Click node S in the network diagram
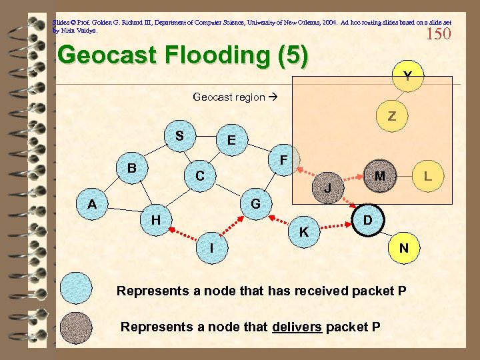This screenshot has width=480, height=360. coord(179,136)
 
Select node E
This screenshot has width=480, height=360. coord(231,140)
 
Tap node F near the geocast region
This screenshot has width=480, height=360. coord(283,160)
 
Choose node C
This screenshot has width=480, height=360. coord(199,176)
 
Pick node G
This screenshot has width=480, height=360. coord(255,203)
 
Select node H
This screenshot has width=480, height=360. coord(155,219)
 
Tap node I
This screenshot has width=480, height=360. coord(211,247)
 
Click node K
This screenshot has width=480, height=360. coord(304,232)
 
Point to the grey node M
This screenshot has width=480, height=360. coord(379,176)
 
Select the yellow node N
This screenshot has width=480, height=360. coord(403,248)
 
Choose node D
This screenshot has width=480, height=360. coord(369,219)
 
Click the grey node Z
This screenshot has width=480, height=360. coord(392,116)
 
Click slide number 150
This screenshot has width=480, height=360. coord(438,33)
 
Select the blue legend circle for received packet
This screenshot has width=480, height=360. coord(77,291)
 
